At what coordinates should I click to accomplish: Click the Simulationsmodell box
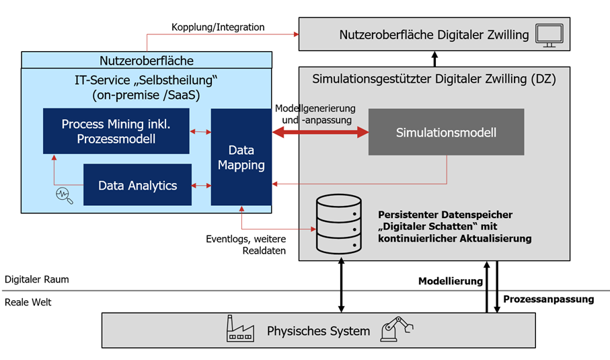446,132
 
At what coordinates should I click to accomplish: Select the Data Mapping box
241,156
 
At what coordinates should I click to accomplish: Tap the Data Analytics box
137,184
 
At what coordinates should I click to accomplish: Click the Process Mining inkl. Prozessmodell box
115,131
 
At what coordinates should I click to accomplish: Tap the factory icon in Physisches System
241,330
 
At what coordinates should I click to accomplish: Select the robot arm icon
396,330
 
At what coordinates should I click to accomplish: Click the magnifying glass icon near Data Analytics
63,194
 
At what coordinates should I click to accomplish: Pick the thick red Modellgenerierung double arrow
321,133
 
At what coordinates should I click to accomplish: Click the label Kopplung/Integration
218,28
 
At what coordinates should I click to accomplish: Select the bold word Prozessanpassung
549,299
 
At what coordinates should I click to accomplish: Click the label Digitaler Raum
36,279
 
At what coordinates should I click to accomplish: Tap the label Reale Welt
28,302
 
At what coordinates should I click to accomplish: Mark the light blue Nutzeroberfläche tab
147,61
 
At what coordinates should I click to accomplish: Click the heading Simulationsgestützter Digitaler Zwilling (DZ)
434,79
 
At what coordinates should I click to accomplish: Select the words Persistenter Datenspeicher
445,215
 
